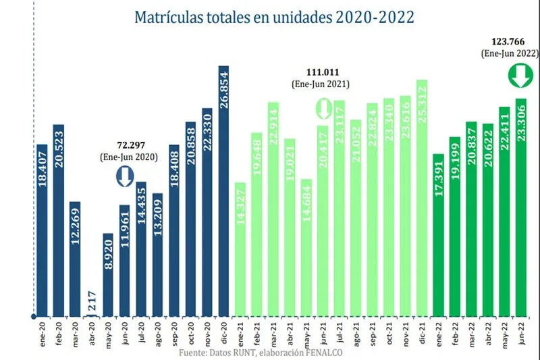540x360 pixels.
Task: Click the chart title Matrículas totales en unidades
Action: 274,16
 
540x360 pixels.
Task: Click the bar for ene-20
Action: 42,230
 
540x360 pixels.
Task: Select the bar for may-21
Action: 306,247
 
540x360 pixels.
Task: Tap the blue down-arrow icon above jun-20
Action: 124,177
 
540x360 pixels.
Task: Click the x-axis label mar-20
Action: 75,333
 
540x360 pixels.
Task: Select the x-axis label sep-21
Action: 372,333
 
